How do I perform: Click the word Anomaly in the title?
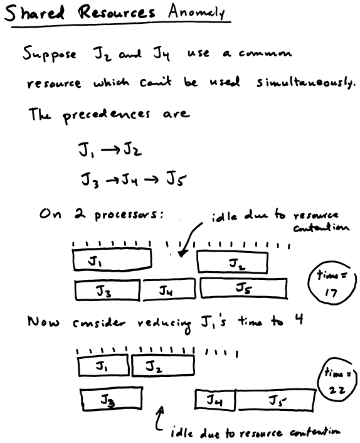(x=196, y=12)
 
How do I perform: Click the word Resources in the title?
(x=117, y=13)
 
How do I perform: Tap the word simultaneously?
(x=305, y=82)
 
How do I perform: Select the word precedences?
(x=106, y=115)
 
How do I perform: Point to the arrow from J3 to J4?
(x=112, y=180)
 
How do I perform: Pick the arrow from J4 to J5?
(x=151, y=179)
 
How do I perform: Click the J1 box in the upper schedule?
(x=112, y=259)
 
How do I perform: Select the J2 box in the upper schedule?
(x=233, y=262)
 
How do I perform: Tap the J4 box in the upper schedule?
(x=169, y=289)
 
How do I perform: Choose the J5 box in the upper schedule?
(x=244, y=288)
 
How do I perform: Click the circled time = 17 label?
(x=332, y=284)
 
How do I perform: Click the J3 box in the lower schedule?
(x=111, y=398)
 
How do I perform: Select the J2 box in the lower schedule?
(x=163, y=366)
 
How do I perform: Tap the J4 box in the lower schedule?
(x=215, y=400)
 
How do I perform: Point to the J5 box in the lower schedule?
(x=275, y=400)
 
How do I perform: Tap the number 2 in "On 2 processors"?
(x=80, y=213)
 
